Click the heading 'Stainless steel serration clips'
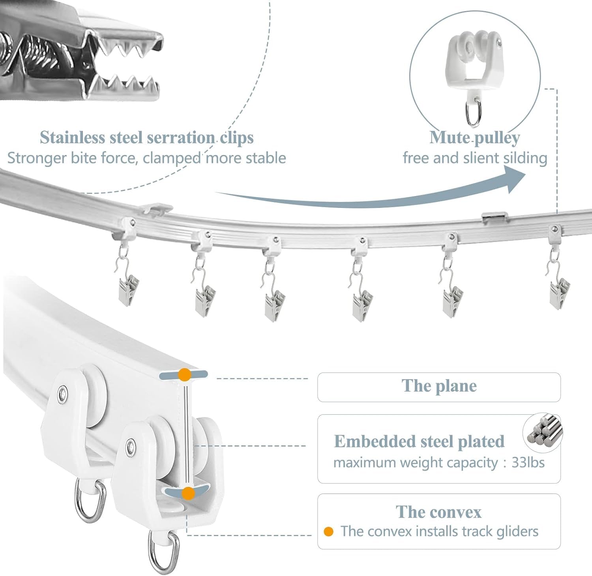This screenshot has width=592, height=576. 147,138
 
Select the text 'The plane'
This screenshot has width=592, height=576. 439,386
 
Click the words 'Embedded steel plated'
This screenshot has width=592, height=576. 419,441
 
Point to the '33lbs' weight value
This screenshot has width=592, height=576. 528,462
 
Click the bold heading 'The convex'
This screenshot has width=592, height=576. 438,512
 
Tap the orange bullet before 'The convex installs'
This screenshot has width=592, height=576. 328,532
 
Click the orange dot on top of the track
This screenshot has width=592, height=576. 184,375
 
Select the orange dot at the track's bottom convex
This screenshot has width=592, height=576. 189,493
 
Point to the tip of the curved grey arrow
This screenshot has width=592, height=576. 526,175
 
